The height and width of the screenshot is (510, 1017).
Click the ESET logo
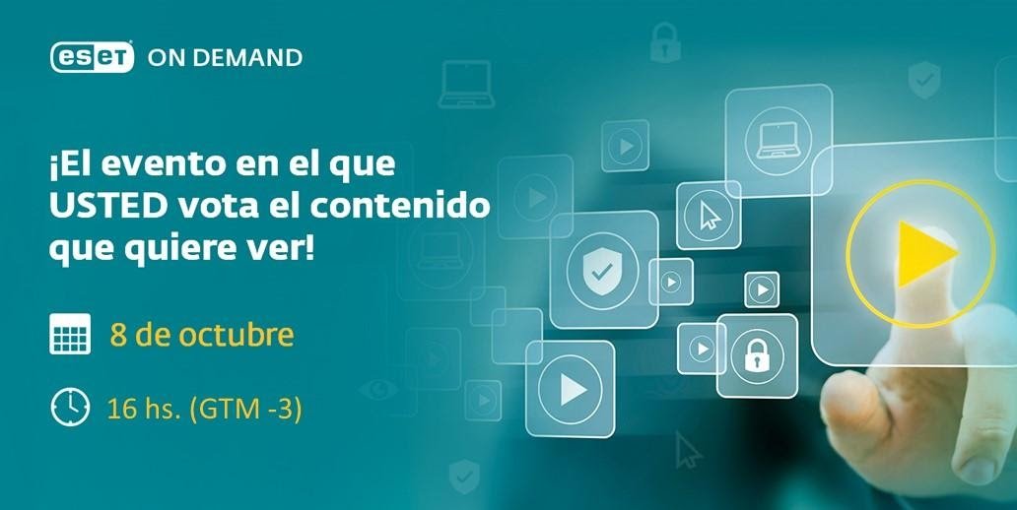pyautogui.click(x=92, y=57)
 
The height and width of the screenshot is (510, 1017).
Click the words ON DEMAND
pyautogui.click(x=225, y=58)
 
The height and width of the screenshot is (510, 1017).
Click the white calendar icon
pyautogui.click(x=70, y=335)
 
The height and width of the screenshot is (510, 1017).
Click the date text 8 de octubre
pyautogui.click(x=202, y=335)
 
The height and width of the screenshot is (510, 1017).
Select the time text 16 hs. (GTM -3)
pyautogui.click(x=204, y=410)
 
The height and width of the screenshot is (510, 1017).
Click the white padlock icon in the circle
pyautogui.click(x=757, y=355)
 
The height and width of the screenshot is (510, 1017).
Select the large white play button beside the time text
pyautogui.click(x=572, y=390)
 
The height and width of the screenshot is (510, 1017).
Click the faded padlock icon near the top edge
pyautogui.click(x=665, y=42)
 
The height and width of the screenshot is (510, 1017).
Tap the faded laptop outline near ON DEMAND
pyautogui.click(x=466, y=85)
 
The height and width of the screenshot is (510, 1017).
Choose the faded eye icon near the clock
pyautogui.click(x=378, y=389)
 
